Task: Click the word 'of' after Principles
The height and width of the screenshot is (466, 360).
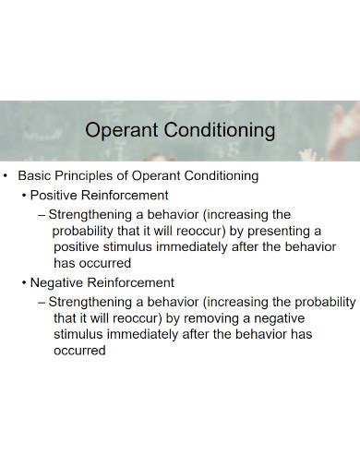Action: [x=139, y=175]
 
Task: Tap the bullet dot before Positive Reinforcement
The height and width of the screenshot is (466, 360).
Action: [x=24, y=195]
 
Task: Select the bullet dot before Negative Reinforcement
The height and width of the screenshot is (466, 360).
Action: [x=24, y=282]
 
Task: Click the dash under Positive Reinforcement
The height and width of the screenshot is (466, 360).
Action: [x=42, y=213]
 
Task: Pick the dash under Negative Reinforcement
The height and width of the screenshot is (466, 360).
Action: [x=42, y=301]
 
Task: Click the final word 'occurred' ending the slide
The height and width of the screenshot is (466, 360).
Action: [x=79, y=351]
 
